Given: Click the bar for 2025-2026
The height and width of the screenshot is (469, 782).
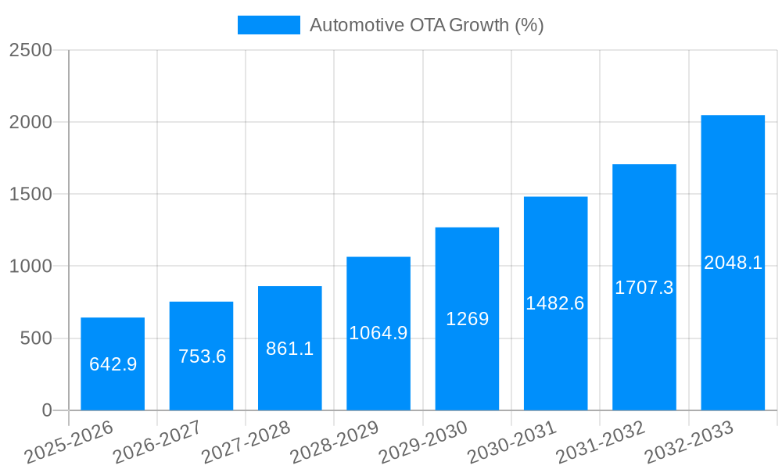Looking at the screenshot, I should click(x=113, y=363).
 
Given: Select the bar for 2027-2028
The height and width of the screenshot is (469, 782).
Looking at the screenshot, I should click(x=290, y=348).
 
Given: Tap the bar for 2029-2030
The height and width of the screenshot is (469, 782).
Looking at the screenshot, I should click(x=467, y=319).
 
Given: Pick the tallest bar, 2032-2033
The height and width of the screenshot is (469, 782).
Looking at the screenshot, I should click(x=733, y=263).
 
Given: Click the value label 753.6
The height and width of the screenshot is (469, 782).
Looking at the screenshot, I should click(x=202, y=356).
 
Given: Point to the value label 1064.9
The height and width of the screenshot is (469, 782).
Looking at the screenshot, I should click(x=378, y=333).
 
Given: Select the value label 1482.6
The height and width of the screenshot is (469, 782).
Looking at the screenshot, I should click(x=555, y=303).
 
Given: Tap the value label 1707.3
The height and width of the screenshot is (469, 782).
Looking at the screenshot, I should click(x=644, y=288).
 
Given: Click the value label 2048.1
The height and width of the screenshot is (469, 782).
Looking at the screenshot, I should click(x=733, y=263).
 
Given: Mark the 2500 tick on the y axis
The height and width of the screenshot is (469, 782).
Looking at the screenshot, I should click(x=30, y=50).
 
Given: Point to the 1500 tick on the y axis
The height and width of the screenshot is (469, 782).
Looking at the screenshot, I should click(x=30, y=195).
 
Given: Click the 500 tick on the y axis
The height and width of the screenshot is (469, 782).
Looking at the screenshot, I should click(x=36, y=338).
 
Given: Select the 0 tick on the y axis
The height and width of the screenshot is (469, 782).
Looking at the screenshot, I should click(x=46, y=410).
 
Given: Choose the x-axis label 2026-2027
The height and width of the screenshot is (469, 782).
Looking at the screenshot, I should click(x=157, y=442).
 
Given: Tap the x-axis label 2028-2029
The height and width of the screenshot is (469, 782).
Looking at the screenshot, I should click(x=334, y=442).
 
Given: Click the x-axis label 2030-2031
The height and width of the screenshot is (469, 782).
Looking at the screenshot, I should click(x=511, y=442).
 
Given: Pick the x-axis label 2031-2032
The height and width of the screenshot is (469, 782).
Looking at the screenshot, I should click(x=600, y=442).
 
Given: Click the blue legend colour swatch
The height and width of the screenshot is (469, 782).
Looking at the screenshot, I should click(x=268, y=25).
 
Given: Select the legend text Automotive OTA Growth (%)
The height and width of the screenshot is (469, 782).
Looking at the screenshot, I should click(x=426, y=25).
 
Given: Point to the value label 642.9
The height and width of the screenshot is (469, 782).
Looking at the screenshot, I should click(x=113, y=364).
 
